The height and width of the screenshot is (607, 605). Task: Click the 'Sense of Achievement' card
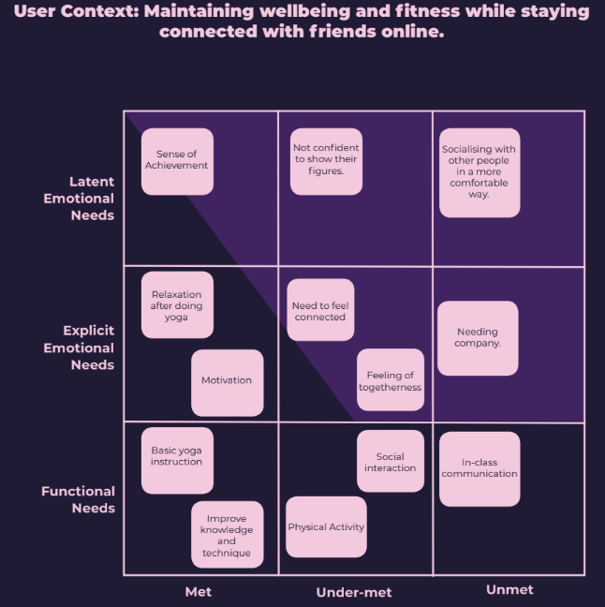click(177, 161)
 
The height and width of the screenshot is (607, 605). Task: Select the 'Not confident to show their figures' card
click(326, 161)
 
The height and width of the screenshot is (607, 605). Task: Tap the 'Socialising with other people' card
click(480, 172)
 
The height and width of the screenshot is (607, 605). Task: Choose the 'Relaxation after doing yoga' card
click(177, 305)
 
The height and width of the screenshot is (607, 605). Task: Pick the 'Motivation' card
click(227, 381)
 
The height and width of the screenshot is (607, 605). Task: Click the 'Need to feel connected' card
click(320, 311)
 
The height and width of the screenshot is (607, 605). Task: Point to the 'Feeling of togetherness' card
click(391, 381)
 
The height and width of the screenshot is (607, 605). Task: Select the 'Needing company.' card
click(478, 337)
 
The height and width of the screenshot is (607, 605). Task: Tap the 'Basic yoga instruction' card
click(177, 459)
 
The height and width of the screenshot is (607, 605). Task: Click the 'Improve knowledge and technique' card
click(227, 535)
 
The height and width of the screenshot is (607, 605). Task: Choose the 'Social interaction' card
click(391, 461)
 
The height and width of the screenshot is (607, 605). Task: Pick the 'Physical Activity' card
click(326, 527)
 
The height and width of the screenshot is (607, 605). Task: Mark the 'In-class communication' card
click(480, 468)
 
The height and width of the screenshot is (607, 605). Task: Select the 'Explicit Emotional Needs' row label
click(88, 348)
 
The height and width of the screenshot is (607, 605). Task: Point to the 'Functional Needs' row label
click(79, 499)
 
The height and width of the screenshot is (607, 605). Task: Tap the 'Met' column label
click(199, 592)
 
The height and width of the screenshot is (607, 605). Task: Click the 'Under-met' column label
click(354, 592)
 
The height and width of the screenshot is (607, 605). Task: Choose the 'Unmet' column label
click(509, 589)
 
